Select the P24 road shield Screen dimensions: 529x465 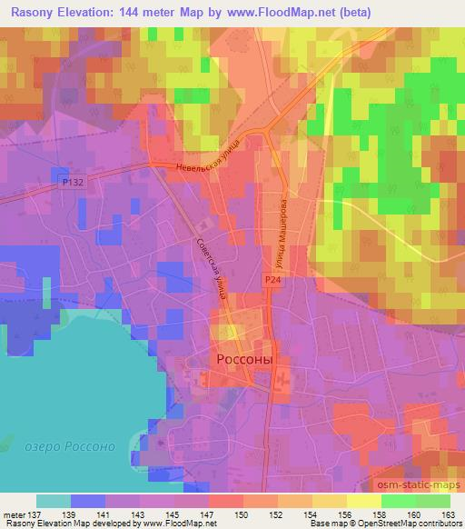pyautogui.click(x=272, y=282)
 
